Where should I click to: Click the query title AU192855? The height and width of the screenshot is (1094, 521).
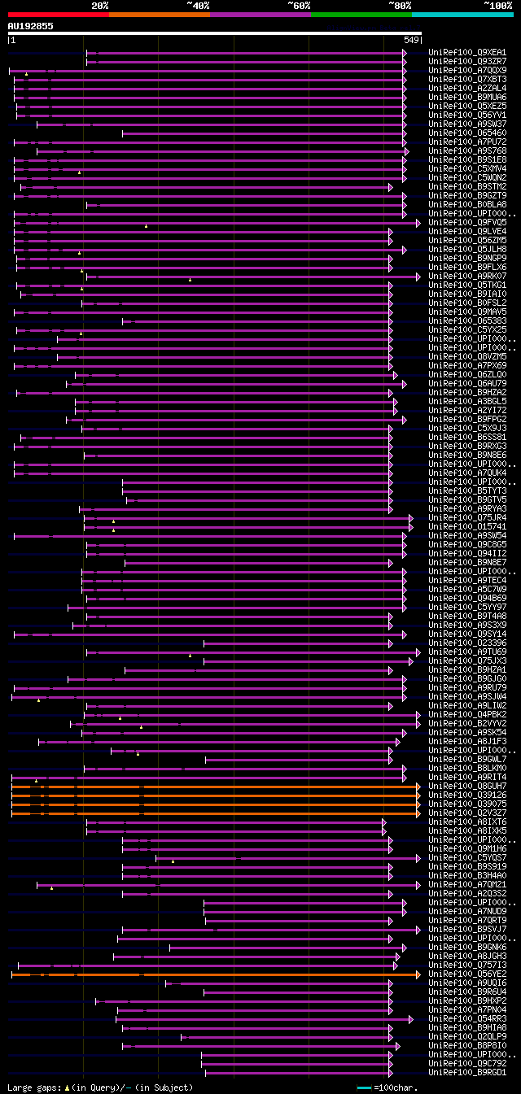pos(31,26)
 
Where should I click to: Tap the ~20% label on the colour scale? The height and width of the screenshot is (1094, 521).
pos(100,6)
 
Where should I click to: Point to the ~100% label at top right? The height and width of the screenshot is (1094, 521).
pos(498,6)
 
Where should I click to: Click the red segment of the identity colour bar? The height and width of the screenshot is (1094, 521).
pos(58,15)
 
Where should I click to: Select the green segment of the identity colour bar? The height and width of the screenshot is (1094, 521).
pos(361,15)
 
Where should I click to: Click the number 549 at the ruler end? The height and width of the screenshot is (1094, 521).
pos(411,40)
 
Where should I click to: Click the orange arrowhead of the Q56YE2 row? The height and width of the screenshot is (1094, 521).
pos(418,974)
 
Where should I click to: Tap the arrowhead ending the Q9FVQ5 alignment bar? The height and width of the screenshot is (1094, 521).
pos(418,223)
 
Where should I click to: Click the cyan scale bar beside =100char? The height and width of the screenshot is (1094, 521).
pos(364,1087)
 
